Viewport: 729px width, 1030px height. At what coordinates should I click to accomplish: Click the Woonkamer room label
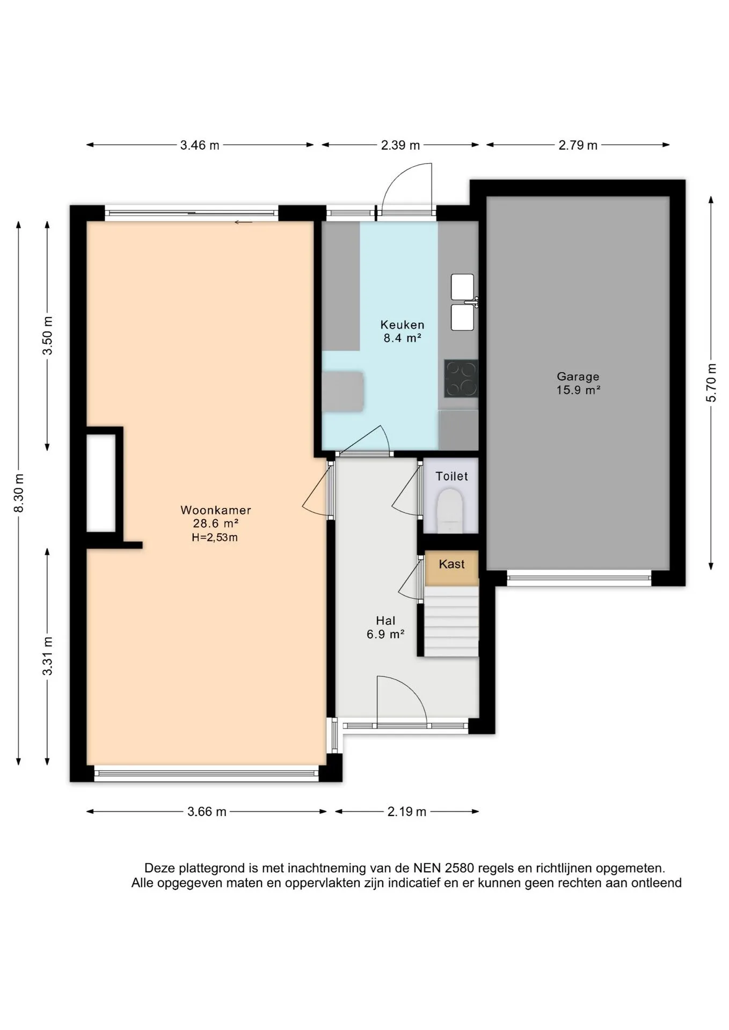click(215, 510)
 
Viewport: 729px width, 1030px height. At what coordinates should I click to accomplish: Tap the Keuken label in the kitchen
click(402, 325)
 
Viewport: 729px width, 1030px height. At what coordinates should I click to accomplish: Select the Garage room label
click(578, 377)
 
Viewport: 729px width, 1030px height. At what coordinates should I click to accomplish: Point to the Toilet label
click(451, 476)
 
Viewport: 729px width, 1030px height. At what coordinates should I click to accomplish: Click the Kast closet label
click(451, 564)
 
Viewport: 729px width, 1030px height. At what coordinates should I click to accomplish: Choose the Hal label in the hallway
click(385, 621)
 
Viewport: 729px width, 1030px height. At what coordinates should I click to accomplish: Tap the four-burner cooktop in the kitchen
click(461, 378)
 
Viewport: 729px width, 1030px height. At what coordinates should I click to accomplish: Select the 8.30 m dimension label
click(19, 492)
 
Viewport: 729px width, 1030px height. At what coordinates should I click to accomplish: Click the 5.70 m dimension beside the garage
click(711, 382)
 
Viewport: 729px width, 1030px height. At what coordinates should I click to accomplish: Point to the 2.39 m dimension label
click(400, 145)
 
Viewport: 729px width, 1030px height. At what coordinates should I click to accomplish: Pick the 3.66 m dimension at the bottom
click(207, 812)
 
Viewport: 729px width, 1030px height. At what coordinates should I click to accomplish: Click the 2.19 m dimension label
click(407, 812)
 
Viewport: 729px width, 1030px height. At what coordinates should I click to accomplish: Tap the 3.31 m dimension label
click(48, 656)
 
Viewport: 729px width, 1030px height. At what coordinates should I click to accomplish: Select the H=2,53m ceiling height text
click(215, 538)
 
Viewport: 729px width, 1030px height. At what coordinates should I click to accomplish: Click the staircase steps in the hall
click(451, 621)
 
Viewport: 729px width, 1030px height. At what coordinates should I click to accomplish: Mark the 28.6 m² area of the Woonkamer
click(215, 524)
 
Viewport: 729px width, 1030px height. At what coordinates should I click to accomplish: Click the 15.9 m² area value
click(578, 390)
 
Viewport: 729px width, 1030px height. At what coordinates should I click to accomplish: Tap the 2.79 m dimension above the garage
click(578, 145)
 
